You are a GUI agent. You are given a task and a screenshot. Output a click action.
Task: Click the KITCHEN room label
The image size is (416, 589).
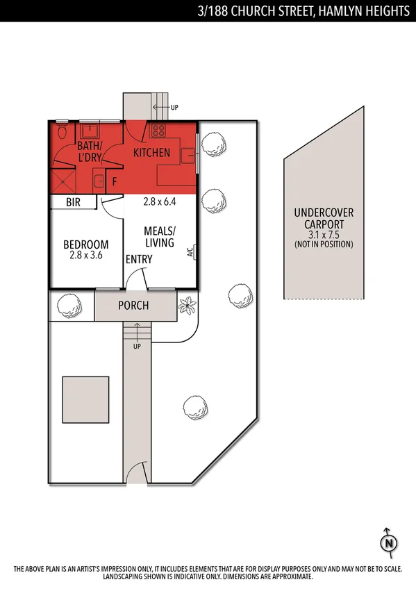(151, 152)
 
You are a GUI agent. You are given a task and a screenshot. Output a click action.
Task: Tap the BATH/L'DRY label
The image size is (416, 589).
(89, 152)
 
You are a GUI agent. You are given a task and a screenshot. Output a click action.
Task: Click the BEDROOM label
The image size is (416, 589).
(85, 244)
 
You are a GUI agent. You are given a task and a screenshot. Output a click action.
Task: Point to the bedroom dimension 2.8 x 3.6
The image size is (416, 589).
(85, 256)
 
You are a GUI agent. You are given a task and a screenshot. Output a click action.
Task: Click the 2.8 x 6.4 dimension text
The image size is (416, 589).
(160, 202)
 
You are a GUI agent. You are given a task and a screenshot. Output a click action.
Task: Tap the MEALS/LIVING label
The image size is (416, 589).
(160, 236)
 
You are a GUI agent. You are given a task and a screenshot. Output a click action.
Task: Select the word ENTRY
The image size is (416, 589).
(139, 260)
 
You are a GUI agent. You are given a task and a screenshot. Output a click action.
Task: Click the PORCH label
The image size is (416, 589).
(133, 306)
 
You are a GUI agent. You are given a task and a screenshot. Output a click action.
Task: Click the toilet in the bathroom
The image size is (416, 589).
(62, 131)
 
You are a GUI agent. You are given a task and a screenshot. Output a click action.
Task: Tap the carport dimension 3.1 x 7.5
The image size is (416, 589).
(324, 234)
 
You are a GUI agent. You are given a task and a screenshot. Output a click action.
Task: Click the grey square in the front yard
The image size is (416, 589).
(85, 399)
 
